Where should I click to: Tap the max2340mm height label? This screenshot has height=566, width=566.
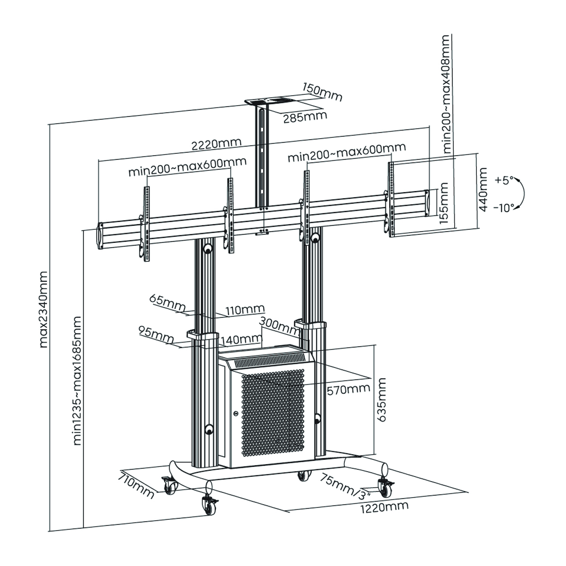pyautogui.click(x=43, y=309)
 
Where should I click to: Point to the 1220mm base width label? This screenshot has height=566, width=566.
pyautogui.click(x=384, y=507)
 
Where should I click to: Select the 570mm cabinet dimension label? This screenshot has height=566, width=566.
pyautogui.click(x=348, y=389)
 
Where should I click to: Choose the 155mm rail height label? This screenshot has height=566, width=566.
pyautogui.click(x=443, y=202)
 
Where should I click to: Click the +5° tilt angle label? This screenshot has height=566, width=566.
pyautogui.click(x=503, y=180)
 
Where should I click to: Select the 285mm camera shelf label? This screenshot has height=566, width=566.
pyautogui.click(x=305, y=117)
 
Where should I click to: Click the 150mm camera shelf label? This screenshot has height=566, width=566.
pyautogui.click(x=323, y=92)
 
